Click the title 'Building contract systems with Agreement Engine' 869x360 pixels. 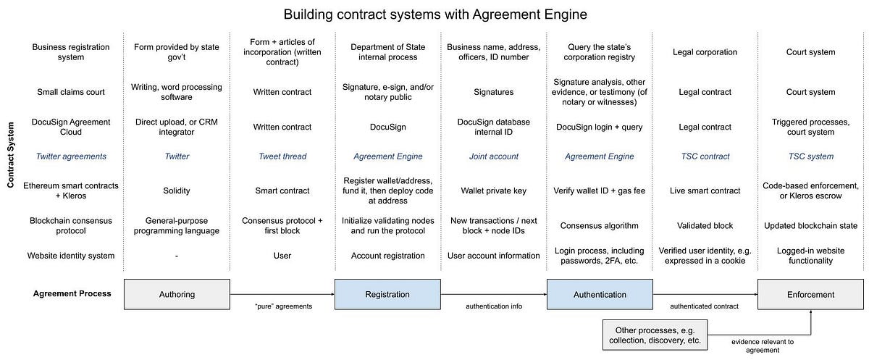pyautogui.click(x=434, y=14)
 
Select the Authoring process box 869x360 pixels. pyautogui.click(x=177, y=295)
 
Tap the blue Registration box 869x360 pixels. pyautogui.click(x=387, y=295)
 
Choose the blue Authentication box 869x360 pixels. pyautogui.click(x=600, y=295)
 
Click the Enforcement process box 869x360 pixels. pyautogui.click(x=811, y=295)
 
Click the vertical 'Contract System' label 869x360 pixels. pyautogui.click(x=12, y=155)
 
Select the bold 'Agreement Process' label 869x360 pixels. pyautogui.click(x=72, y=294)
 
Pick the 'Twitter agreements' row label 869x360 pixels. pyautogui.click(x=71, y=156)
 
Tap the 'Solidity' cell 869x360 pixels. pyautogui.click(x=177, y=191)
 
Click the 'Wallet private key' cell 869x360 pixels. pyautogui.click(x=493, y=191)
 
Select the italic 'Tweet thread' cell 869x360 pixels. pyautogui.click(x=282, y=156)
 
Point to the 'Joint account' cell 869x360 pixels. pyautogui.click(x=493, y=156)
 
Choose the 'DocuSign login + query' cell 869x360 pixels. pyautogui.click(x=599, y=127)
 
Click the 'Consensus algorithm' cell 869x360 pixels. pyautogui.click(x=599, y=226)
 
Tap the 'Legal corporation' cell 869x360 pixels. pyautogui.click(x=705, y=52)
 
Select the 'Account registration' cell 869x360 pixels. pyautogui.click(x=387, y=256)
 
